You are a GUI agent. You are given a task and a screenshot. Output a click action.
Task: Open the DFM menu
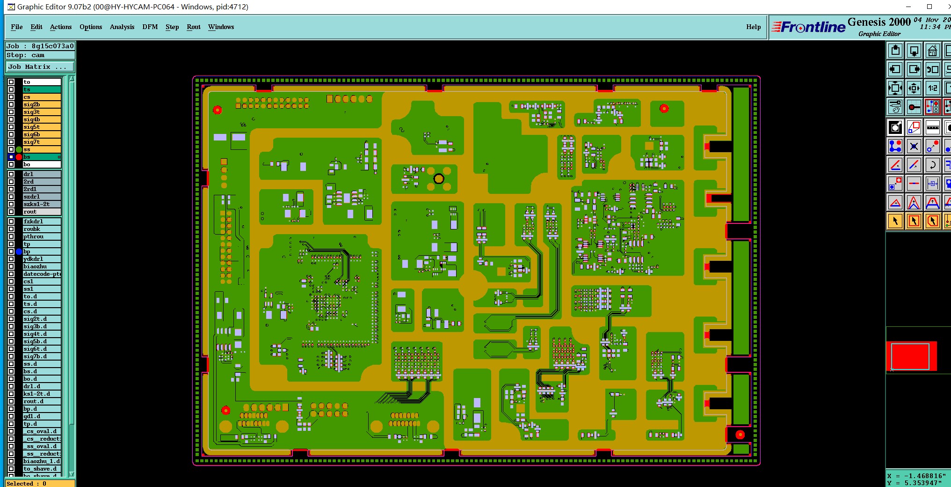150,27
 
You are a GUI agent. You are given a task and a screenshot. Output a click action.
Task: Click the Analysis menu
122,27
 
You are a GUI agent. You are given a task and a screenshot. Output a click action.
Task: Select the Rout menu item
193,27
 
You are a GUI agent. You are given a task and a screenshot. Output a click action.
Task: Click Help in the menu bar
753,27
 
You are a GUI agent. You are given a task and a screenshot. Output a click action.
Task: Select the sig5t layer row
42,127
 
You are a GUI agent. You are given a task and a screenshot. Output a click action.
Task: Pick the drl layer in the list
42,174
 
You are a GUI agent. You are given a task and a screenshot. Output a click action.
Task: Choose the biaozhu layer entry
42,266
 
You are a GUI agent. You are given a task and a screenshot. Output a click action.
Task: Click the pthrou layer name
42,236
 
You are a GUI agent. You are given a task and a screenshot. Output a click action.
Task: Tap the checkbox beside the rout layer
11,212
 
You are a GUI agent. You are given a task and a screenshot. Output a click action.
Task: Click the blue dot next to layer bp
19,251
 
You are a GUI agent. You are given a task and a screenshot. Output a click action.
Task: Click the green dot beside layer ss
19,149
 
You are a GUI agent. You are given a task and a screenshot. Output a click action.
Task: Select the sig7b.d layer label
42,356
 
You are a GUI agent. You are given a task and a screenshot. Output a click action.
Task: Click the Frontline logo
808,27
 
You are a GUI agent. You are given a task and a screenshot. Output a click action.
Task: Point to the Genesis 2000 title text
879,22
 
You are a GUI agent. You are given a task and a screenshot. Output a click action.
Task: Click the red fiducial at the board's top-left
218,110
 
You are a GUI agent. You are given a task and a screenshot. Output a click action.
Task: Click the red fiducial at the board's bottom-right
740,435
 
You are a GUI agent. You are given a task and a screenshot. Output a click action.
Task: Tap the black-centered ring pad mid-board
439,178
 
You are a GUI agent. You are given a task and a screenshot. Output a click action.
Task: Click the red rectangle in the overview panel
910,356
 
